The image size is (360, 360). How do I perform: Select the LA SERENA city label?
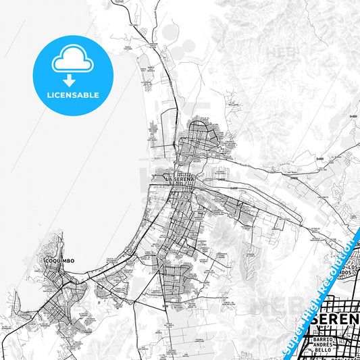(x=179, y=178)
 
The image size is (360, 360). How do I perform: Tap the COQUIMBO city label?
(x=59, y=259)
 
